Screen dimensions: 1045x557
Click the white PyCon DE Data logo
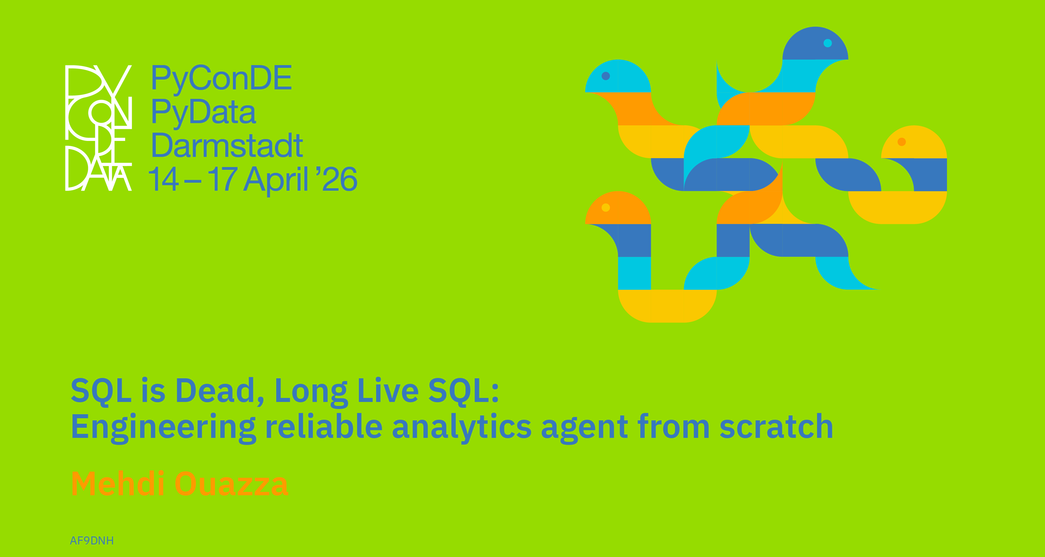click(x=99, y=128)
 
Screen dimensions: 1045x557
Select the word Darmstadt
click(x=227, y=145)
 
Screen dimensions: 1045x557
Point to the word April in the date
click(x=276, y=179)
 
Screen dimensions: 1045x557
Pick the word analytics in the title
click(x=462, y=428)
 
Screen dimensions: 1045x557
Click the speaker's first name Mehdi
click(x=118, y=483)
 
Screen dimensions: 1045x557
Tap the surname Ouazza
click(x=232, y=484)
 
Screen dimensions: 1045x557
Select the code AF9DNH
click(x=92, y=541)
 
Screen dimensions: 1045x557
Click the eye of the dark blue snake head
click(x=827, y=43)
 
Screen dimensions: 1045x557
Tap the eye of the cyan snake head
click(x=606, y=76)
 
